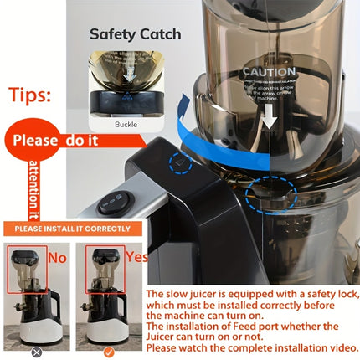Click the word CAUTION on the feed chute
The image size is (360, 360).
pyautogui.click(x=268, y=73)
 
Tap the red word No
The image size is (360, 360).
pyautogui.click(x=57, y=258)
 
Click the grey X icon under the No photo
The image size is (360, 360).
pyautogui.click(x=36, y=352)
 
